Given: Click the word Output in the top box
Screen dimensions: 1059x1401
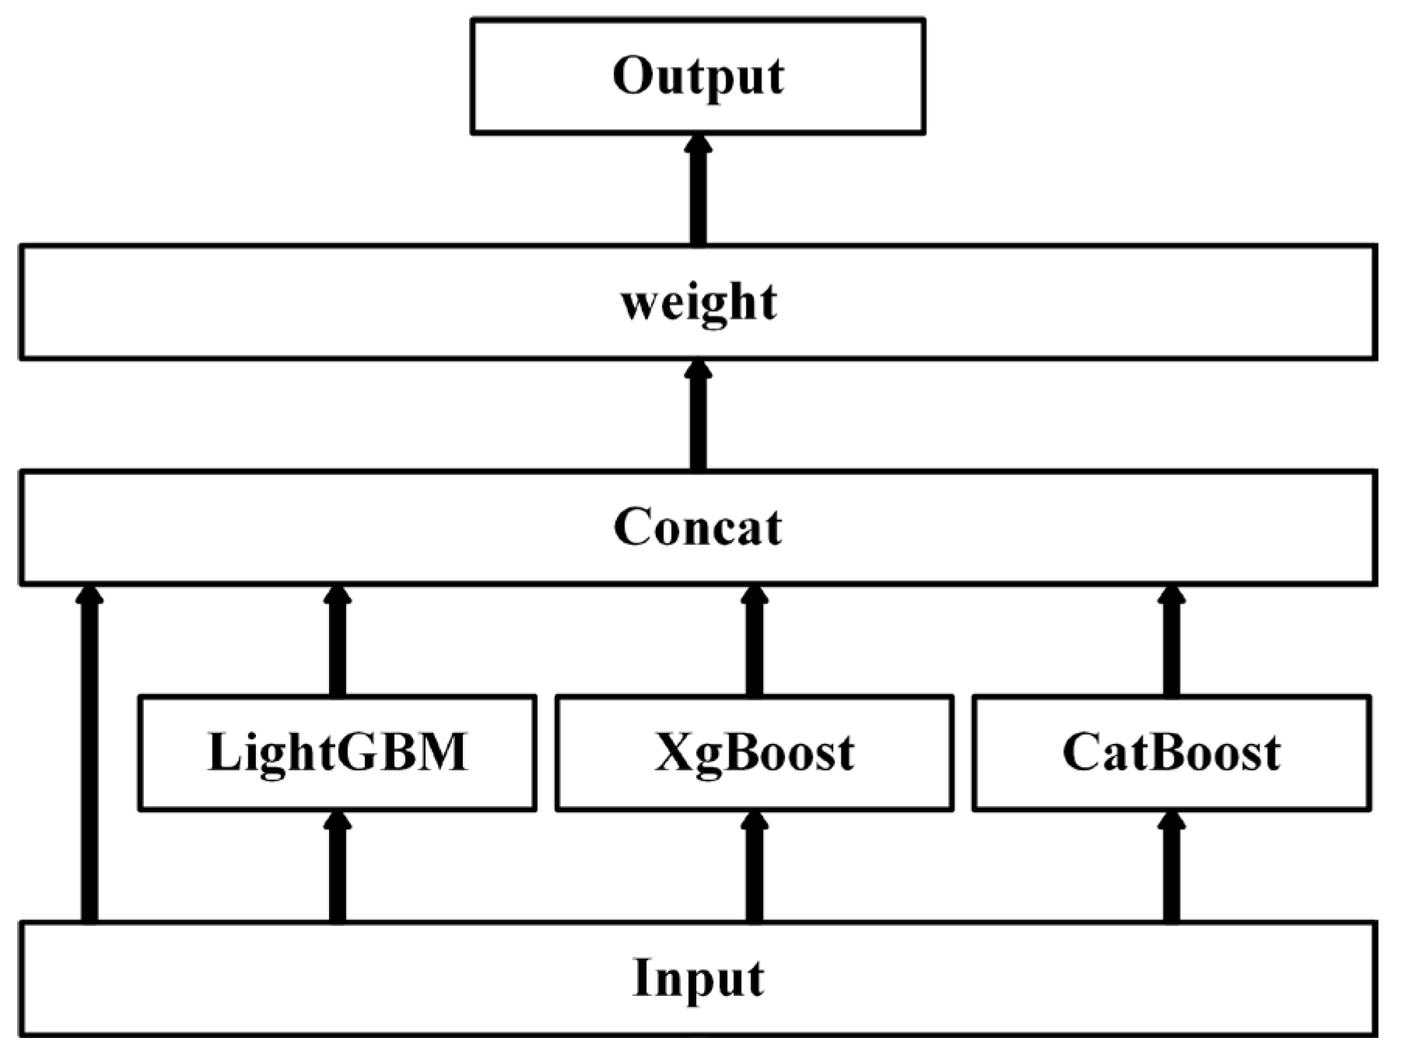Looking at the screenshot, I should point(698,76).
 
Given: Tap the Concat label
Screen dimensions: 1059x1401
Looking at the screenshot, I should point(698,528).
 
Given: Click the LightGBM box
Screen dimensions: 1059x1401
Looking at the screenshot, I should point(337,752).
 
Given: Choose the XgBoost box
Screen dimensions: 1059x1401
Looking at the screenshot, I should point(754,752).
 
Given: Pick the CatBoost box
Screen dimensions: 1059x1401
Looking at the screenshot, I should point(1172,752).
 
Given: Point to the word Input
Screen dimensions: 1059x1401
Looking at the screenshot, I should point(698,978).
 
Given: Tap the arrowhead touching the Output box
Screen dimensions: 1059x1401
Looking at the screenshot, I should point(698,145).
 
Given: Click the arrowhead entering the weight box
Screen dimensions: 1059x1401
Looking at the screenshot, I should point(698,370).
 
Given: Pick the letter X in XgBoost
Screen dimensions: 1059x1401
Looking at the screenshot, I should point(674,752).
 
